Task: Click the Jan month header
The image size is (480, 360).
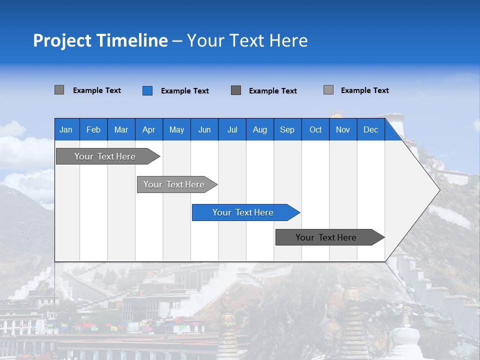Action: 66,130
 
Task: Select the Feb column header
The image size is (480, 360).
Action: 93,130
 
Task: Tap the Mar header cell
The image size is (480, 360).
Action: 121,130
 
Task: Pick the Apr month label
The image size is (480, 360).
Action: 148,130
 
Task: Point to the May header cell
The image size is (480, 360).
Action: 176,130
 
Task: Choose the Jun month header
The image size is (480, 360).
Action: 204,130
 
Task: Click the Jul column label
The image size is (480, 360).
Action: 232,130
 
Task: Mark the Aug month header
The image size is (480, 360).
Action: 260,130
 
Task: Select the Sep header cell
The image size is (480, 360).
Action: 287,130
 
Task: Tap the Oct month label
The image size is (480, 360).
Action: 315,130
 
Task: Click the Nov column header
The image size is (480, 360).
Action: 343,130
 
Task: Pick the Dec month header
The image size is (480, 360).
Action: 371,130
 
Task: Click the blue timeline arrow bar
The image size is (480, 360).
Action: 243,212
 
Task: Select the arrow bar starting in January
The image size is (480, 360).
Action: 105,156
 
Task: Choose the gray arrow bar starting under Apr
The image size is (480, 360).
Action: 174,184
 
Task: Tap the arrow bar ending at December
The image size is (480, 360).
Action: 326,237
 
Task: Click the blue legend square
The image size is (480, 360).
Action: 147,90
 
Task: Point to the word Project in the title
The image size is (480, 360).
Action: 62,40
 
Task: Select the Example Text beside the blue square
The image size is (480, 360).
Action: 185,91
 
